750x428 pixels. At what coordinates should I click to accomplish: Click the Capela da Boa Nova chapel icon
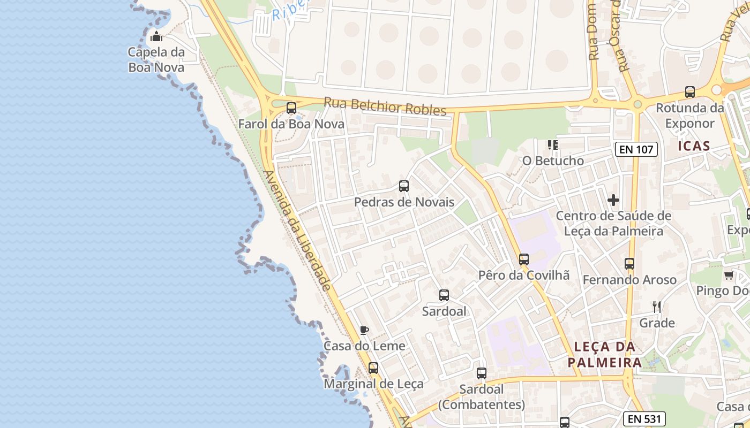point(156,36)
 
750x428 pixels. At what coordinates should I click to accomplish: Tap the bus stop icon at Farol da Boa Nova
point(291,108)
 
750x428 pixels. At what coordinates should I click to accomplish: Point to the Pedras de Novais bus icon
point(404,186)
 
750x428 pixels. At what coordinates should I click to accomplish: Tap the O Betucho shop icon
point(553,144)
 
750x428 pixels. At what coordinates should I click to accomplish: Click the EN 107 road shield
point(636,149)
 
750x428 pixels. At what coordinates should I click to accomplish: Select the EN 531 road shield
point(644,419)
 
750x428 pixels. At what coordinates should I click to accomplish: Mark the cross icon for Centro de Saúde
point(613,201)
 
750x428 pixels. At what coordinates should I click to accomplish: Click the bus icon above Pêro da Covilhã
point(524,259)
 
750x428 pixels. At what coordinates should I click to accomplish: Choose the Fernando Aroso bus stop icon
point(629,264)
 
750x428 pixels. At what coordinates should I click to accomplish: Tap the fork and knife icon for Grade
point(657,307)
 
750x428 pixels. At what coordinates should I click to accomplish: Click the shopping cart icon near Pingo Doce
point(729,276)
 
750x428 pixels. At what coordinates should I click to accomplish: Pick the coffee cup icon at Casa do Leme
point(364,330)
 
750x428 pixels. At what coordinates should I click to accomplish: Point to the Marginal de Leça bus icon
point(373,368)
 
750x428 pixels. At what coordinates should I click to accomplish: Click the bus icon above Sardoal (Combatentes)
point(482,373)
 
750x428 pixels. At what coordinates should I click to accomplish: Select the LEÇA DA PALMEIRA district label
point(605,355)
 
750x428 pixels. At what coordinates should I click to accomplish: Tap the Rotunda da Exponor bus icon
point(690,92)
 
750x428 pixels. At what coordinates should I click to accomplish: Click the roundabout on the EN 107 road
point(637,104)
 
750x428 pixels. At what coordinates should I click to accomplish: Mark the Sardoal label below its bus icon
point(444,311)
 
